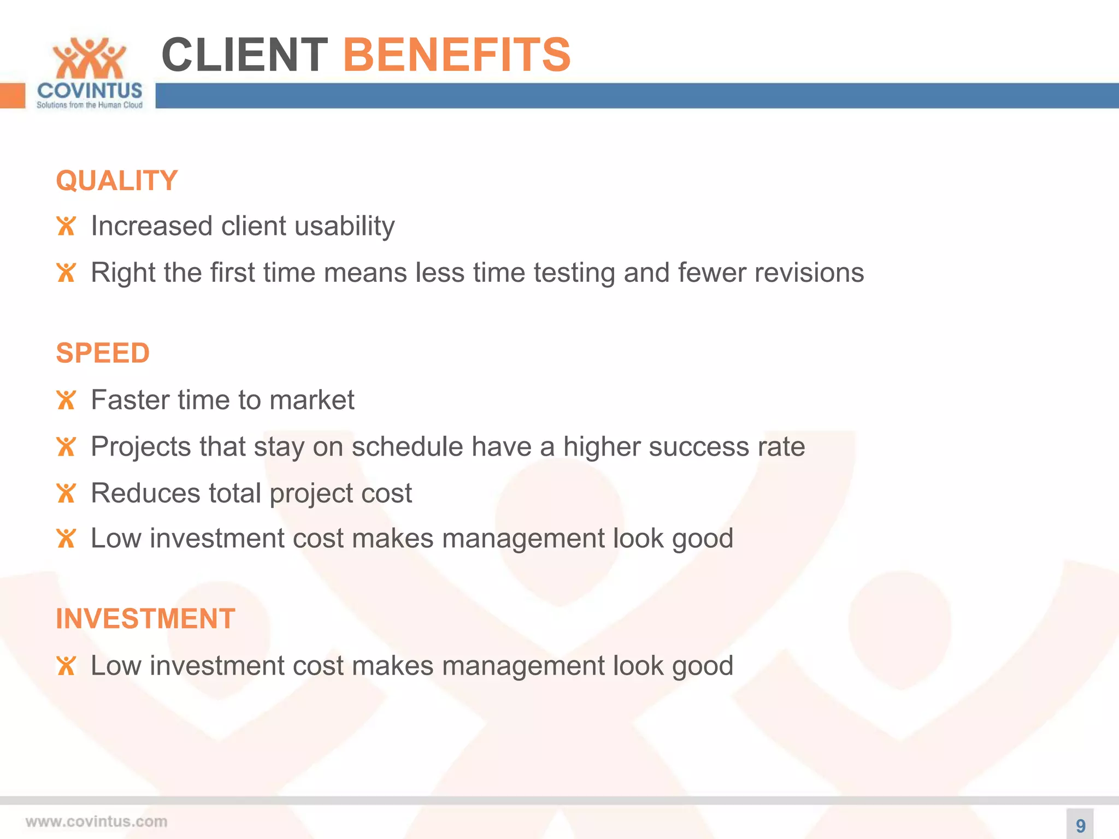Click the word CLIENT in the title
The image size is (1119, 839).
244,55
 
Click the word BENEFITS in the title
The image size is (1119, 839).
456,55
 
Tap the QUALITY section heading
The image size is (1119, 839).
117,181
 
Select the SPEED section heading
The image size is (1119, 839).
103,353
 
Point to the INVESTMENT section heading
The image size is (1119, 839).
145,619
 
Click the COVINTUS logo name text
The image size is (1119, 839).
90,91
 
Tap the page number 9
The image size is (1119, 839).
1080,825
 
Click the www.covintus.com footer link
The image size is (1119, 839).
96,822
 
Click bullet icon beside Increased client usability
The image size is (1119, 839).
66,226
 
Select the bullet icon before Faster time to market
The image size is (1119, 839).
66,400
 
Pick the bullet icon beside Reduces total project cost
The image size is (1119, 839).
66,493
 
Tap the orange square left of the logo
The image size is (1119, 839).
13,96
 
